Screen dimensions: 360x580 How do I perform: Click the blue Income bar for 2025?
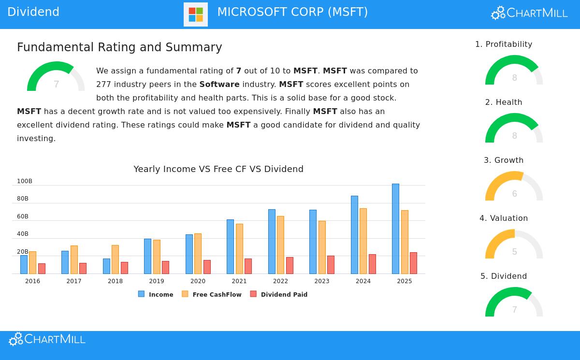(395, 229)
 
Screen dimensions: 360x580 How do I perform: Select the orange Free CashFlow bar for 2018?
(115, 259)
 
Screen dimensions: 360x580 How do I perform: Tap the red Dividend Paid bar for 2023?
(331, 265)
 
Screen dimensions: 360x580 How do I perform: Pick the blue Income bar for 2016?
(24, 264)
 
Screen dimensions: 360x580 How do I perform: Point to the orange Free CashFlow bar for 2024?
(363, 241)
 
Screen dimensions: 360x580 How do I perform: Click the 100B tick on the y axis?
(25, 181)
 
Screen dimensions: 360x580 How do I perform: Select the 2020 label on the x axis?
(198, 281)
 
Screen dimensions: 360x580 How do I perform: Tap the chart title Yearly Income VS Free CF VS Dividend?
(218, 169)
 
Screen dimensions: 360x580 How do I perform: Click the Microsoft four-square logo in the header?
(196, 14)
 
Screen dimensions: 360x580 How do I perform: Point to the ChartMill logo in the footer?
(47, 339)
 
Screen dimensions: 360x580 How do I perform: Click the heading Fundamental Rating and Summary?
(119, 47)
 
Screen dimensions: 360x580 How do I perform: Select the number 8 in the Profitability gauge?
(514, 78)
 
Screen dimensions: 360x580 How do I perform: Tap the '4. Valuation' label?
(504, 218)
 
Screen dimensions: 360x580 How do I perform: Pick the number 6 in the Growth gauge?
(514, 194)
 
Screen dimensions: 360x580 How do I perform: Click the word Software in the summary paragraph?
(219, 84)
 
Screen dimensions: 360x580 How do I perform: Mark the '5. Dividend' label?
(504, 276)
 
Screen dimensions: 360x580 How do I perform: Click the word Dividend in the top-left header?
(33, 12)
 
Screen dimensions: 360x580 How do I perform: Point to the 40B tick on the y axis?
(23, 234)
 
